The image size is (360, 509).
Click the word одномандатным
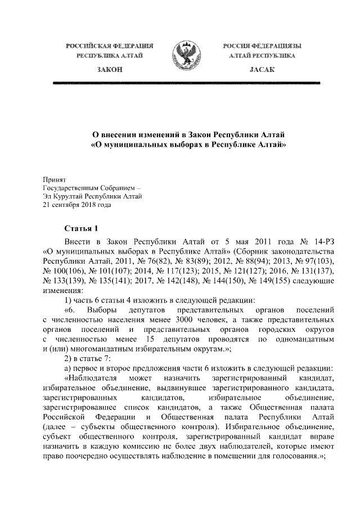[x=305, y=340]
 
